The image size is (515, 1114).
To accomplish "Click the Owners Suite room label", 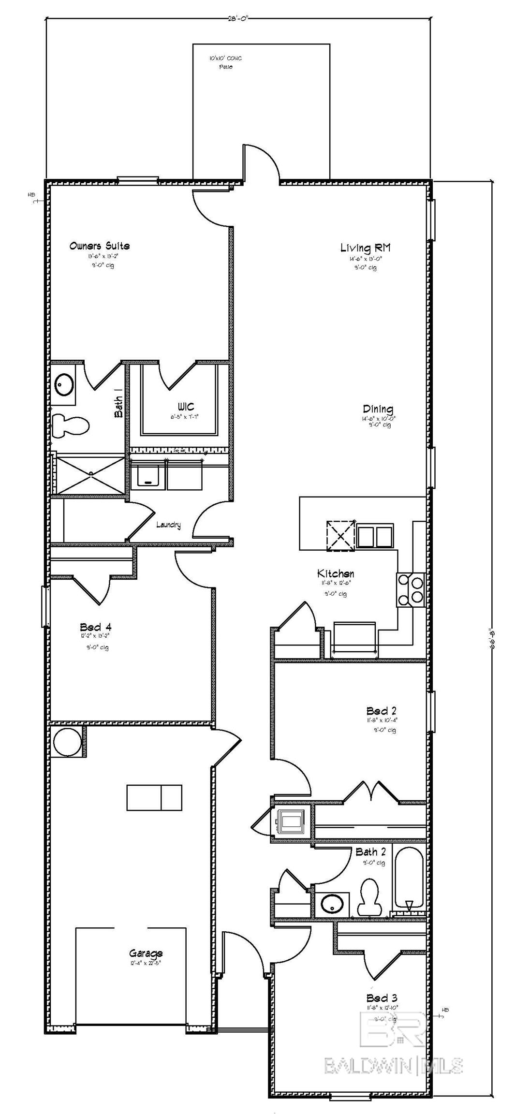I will pyautogui.click(x=99, y=246).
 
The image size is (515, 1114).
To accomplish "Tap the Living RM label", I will pyautogui.click(x=365, y=248).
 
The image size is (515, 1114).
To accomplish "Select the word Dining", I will pyautogui.click(x=378, y=409).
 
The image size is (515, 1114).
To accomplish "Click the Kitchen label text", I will pyautogui.click(x=335, y=573).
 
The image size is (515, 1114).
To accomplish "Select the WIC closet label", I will pyautogui.click(x=186, y=407).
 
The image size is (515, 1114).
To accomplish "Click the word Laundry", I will pyautogui.click(x=168, y=525).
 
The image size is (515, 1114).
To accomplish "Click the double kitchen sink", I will pyautogui.click(x=375, y=536).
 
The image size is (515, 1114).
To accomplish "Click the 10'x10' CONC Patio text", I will pyautogui.click(x=225, y=62).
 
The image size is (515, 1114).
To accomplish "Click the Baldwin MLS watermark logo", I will pyautogui.click(x=393, y=1037).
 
